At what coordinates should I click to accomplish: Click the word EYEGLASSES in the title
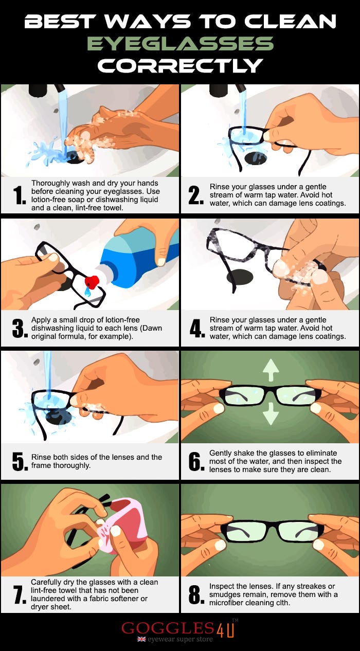pyautogui.click(x=180, y=44)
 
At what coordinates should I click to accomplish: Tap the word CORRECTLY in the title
pyautogui.click(x=180, y=65)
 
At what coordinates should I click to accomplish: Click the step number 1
pyautogui.click(x=20, y=195)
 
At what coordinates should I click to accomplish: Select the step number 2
pyautogui.click(x=196, y=195)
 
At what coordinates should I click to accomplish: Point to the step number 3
pyautogui.click(x=20, y=329)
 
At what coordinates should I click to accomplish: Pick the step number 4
pyautogui.click(x=197, y=329)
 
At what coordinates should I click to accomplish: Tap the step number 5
pyautogui.click(x=20, y=462)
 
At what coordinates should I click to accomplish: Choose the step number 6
pyautogui.click(x=196, y=462)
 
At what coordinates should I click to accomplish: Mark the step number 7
pyautogui.click(x=20, y=594)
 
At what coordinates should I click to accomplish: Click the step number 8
pyautogui.click(x=196, y=594)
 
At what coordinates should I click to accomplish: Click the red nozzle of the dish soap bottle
pyautogui.click(x=92, y=282)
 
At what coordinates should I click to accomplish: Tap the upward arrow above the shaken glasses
pyautogui.click(x=271, y=370)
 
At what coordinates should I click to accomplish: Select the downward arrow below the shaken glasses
pyautogui.click(x=271, y=413)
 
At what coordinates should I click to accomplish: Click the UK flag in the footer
pyautogui.click(x=141, y=639)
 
